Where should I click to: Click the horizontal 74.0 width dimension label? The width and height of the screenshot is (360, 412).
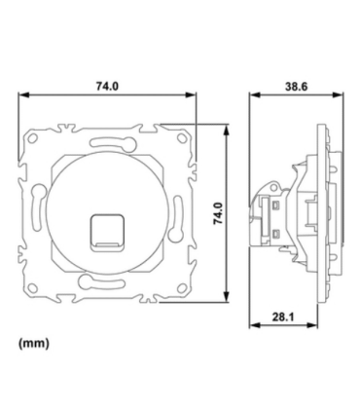[107, 87]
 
